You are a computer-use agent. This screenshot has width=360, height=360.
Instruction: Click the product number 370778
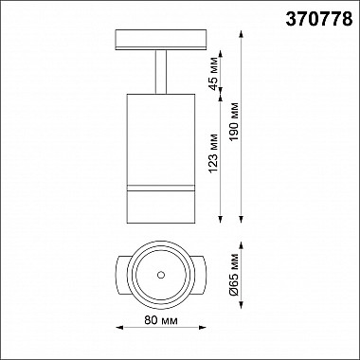pyautogui.click(x=319, y=20)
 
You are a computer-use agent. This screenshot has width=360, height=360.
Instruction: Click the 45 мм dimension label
pyautogui.click(x=214, y=73)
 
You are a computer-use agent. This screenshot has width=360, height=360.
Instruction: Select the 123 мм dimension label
pyautogui.click(x=214, y=153)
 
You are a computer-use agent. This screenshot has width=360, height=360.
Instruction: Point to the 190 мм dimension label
pyautogui.click(x=235, y=122)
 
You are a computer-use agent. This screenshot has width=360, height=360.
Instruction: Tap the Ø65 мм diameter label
pyautogui.click(x=234, y=274)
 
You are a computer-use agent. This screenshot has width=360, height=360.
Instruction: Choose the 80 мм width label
pyautogui.click(x=161, y=320)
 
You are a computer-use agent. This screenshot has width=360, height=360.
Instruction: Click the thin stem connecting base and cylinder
pyautogui.click(x=161, y=72)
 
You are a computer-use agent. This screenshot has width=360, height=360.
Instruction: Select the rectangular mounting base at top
pyautogui.click(x=161, y=40)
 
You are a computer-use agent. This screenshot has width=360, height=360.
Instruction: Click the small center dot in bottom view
pyautogui.click(x=161, y=275)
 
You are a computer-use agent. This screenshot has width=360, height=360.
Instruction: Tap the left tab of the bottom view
pyautogui.click(x=121, y=275)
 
